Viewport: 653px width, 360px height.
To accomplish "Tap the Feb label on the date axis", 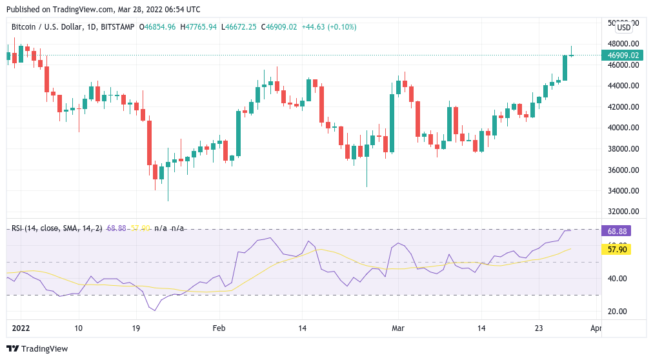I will (219, 328).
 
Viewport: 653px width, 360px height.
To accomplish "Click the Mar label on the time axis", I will (397, 328).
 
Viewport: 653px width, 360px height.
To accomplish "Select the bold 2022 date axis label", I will (22, 328).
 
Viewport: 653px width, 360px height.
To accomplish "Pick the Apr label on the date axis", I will (596, 328).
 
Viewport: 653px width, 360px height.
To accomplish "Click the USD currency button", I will (624, 28).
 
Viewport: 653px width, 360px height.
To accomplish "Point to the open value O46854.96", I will (157, 27).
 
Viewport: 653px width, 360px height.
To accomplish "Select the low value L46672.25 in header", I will (239, 27).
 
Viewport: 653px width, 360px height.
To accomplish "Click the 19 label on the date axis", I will (136, 328).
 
